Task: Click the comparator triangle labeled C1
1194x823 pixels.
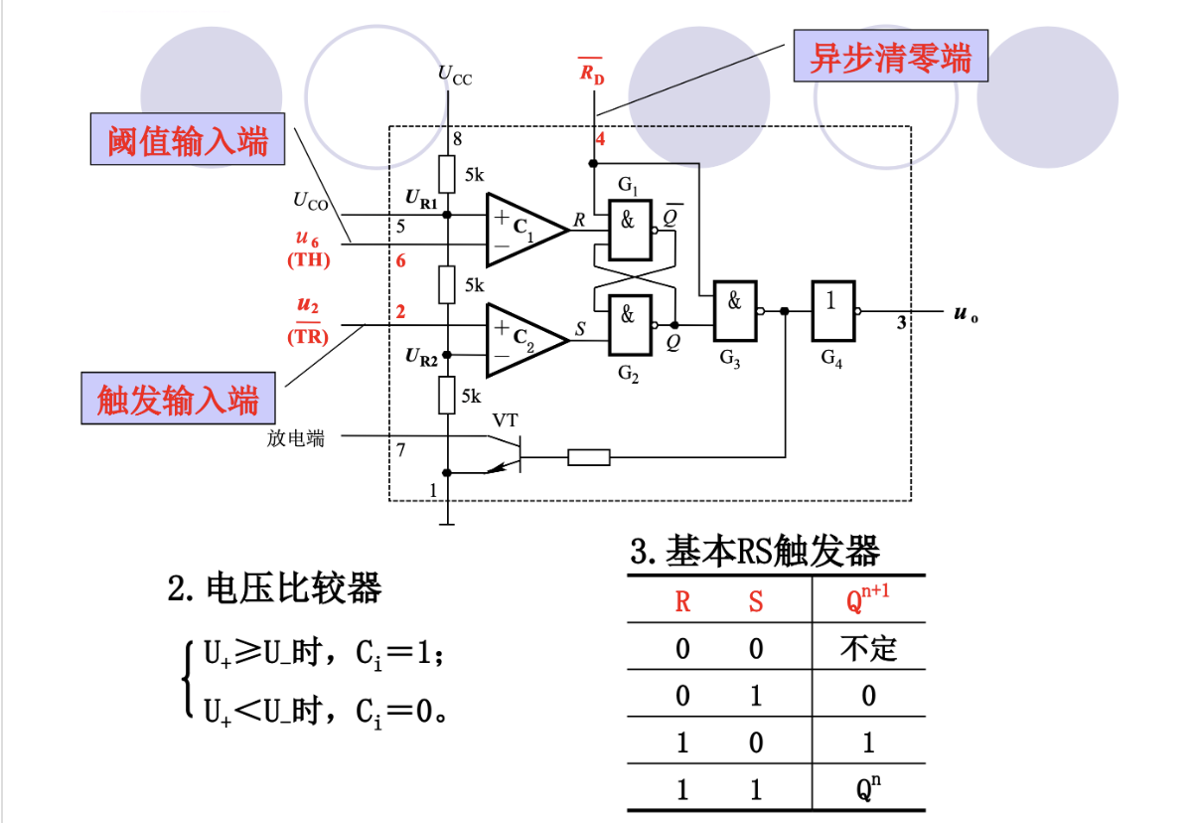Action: (522, 229)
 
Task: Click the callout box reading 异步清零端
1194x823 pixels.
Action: (890, 58)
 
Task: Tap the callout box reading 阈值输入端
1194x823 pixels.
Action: (187, 141)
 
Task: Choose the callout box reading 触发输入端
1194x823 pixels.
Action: (179, 400)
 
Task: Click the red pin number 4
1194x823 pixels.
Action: (600, 139)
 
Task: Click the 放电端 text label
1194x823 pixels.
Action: (295, 437)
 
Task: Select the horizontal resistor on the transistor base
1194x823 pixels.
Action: (588, 457)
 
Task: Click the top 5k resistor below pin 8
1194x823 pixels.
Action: (448, 175)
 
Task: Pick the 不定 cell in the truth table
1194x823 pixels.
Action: (868, 649)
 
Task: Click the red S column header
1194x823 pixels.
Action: (756, 602)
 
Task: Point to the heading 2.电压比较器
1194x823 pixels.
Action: (275, 588)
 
